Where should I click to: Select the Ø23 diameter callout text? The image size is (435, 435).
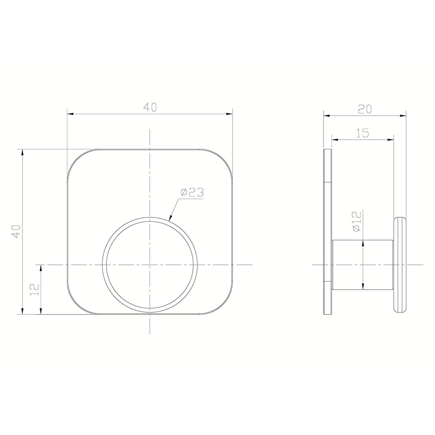[x=192, y=193]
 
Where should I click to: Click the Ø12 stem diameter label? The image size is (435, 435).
[x=357, y=221]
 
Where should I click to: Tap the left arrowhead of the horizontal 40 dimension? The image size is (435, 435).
[x=70, y=114]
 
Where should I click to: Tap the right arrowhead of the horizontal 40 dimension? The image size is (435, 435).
[x=229, y=114]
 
